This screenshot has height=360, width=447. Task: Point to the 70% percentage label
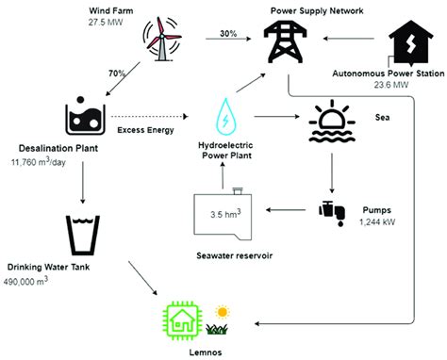click(117, 73)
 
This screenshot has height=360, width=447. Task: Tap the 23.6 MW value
click(387, 82)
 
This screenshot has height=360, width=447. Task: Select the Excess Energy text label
click(144, 130)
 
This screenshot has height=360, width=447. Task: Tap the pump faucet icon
click(330, 210)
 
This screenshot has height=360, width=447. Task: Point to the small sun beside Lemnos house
click(222, 310)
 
